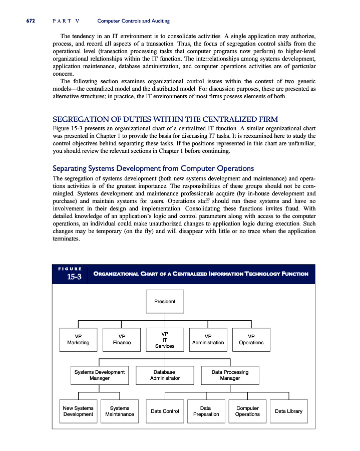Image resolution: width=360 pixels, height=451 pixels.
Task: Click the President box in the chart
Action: coord(165,302)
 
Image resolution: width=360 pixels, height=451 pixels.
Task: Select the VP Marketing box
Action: coord(78,339)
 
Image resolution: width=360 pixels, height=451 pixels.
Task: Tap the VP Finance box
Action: coord(122,339)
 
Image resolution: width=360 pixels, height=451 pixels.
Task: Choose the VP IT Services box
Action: coord(165,339)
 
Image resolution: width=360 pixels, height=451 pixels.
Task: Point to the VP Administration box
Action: coord(208,339)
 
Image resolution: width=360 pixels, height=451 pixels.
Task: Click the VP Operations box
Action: coord(251,339)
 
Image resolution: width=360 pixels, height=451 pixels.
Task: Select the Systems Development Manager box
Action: coord(99,375)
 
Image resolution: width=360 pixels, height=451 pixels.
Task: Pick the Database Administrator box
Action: coord(165,375)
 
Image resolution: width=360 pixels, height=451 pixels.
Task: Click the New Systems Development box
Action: coord(78,411)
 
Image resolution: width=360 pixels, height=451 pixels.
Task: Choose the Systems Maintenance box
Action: coord(120,411)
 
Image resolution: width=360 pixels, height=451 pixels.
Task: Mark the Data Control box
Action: coord(165,411)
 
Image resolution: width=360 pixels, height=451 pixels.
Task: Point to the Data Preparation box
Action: coord(206,411)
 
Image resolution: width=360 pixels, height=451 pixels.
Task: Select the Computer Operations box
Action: coord(247,411)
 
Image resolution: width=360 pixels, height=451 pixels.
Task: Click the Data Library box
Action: coord(288,411)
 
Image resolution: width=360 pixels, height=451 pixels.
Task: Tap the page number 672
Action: coord(26,21)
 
